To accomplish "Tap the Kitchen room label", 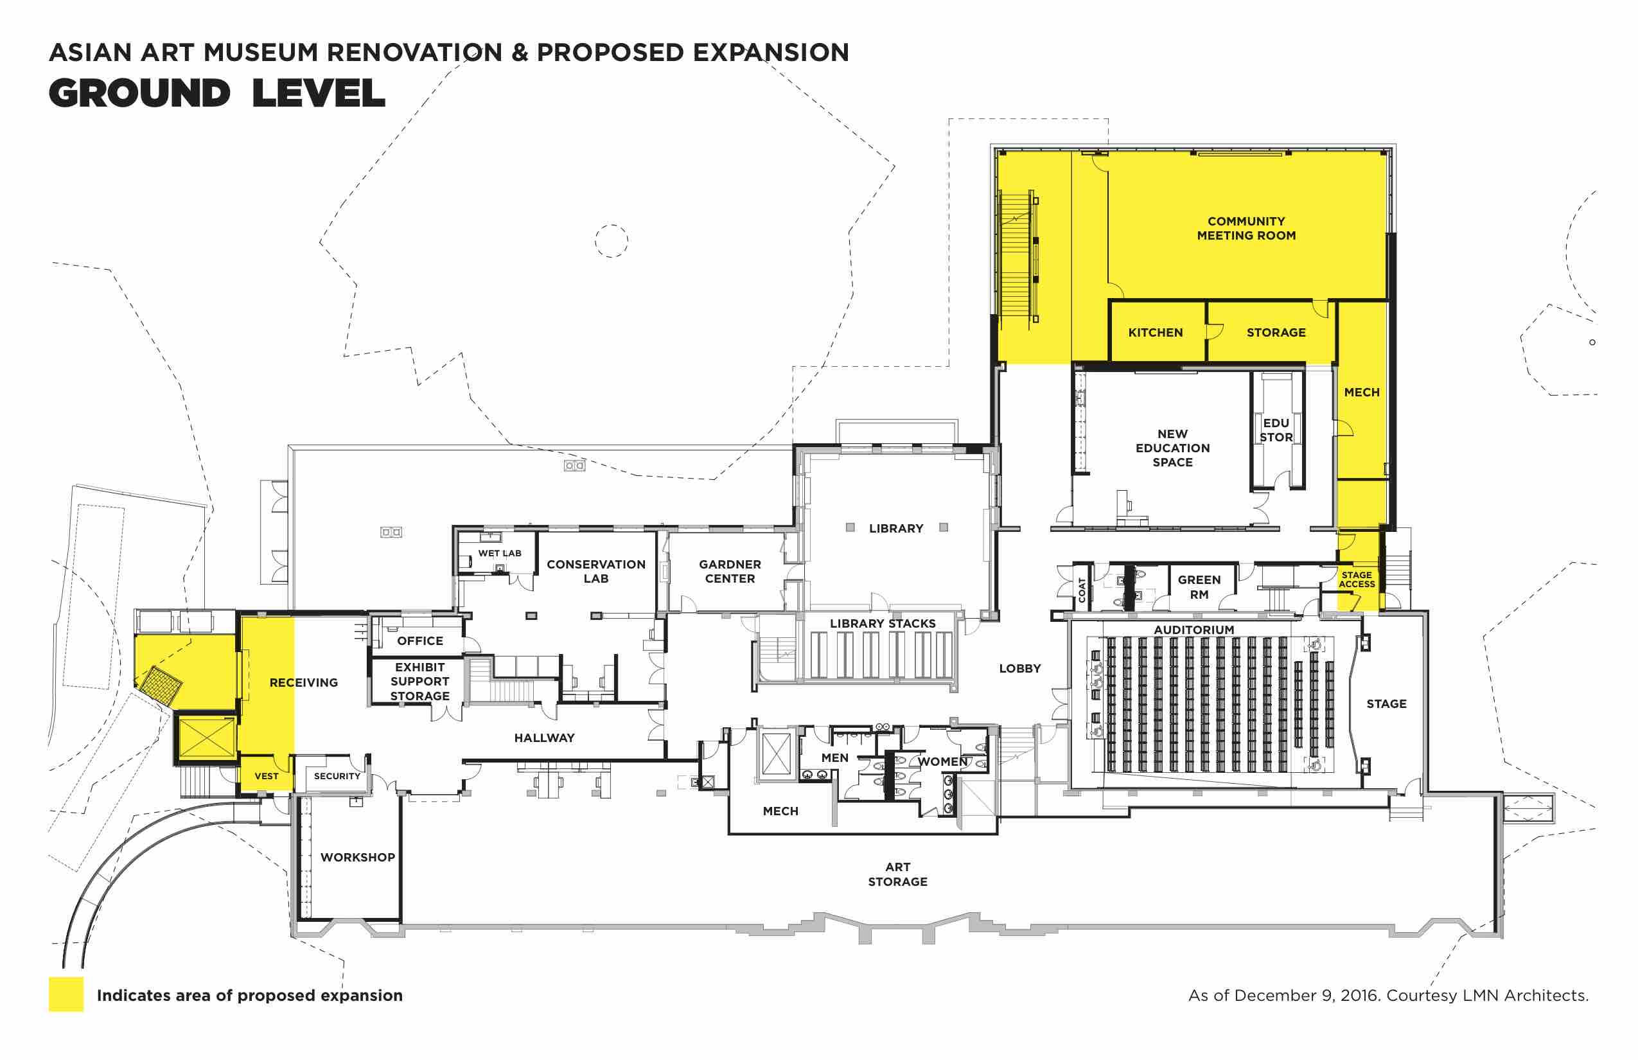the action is click(x=1156, y=333).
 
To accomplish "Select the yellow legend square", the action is click(x=66, y=994).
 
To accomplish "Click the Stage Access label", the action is click(x=1357, y=579).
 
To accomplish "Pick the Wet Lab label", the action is click(x=500, y=553).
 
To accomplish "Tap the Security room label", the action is click(x=337, y=776).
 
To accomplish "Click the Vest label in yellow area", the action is click(x=267, y=776).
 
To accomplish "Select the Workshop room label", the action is click(x=358, y=857).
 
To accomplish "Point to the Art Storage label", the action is click(x=897, y=874).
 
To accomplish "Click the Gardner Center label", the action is click(x=730, y=571).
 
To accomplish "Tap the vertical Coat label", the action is click(x=1082, y=590).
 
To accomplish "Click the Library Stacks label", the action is click(x=883, y=624).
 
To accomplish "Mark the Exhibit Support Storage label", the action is click(x=420, y=682).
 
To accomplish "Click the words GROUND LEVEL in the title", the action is click(x=217, y=94).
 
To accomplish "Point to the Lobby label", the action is click(x=1020, y=668).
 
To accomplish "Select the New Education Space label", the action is click(x=1173, y=448).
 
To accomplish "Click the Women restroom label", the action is click(x=943, y=761).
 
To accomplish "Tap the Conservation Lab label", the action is click(x=596, y=571).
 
